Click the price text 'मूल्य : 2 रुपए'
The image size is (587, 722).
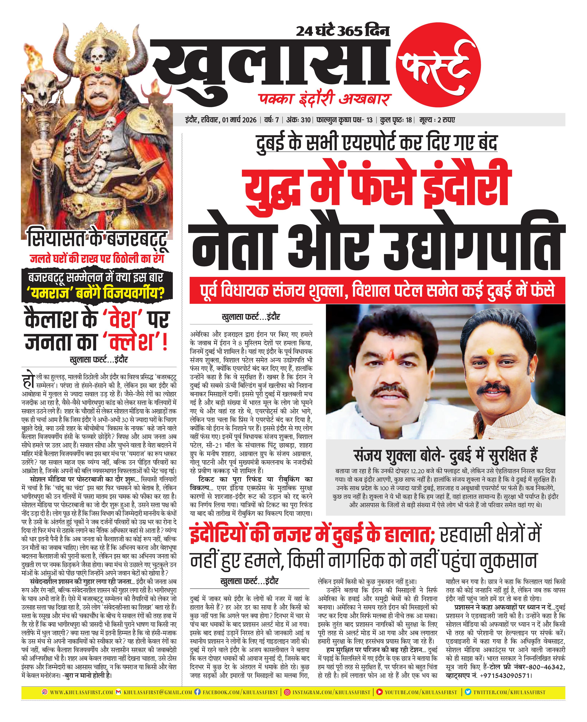(x=437, y=120)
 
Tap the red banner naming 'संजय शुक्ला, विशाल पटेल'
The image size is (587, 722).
(x=377, y=290)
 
